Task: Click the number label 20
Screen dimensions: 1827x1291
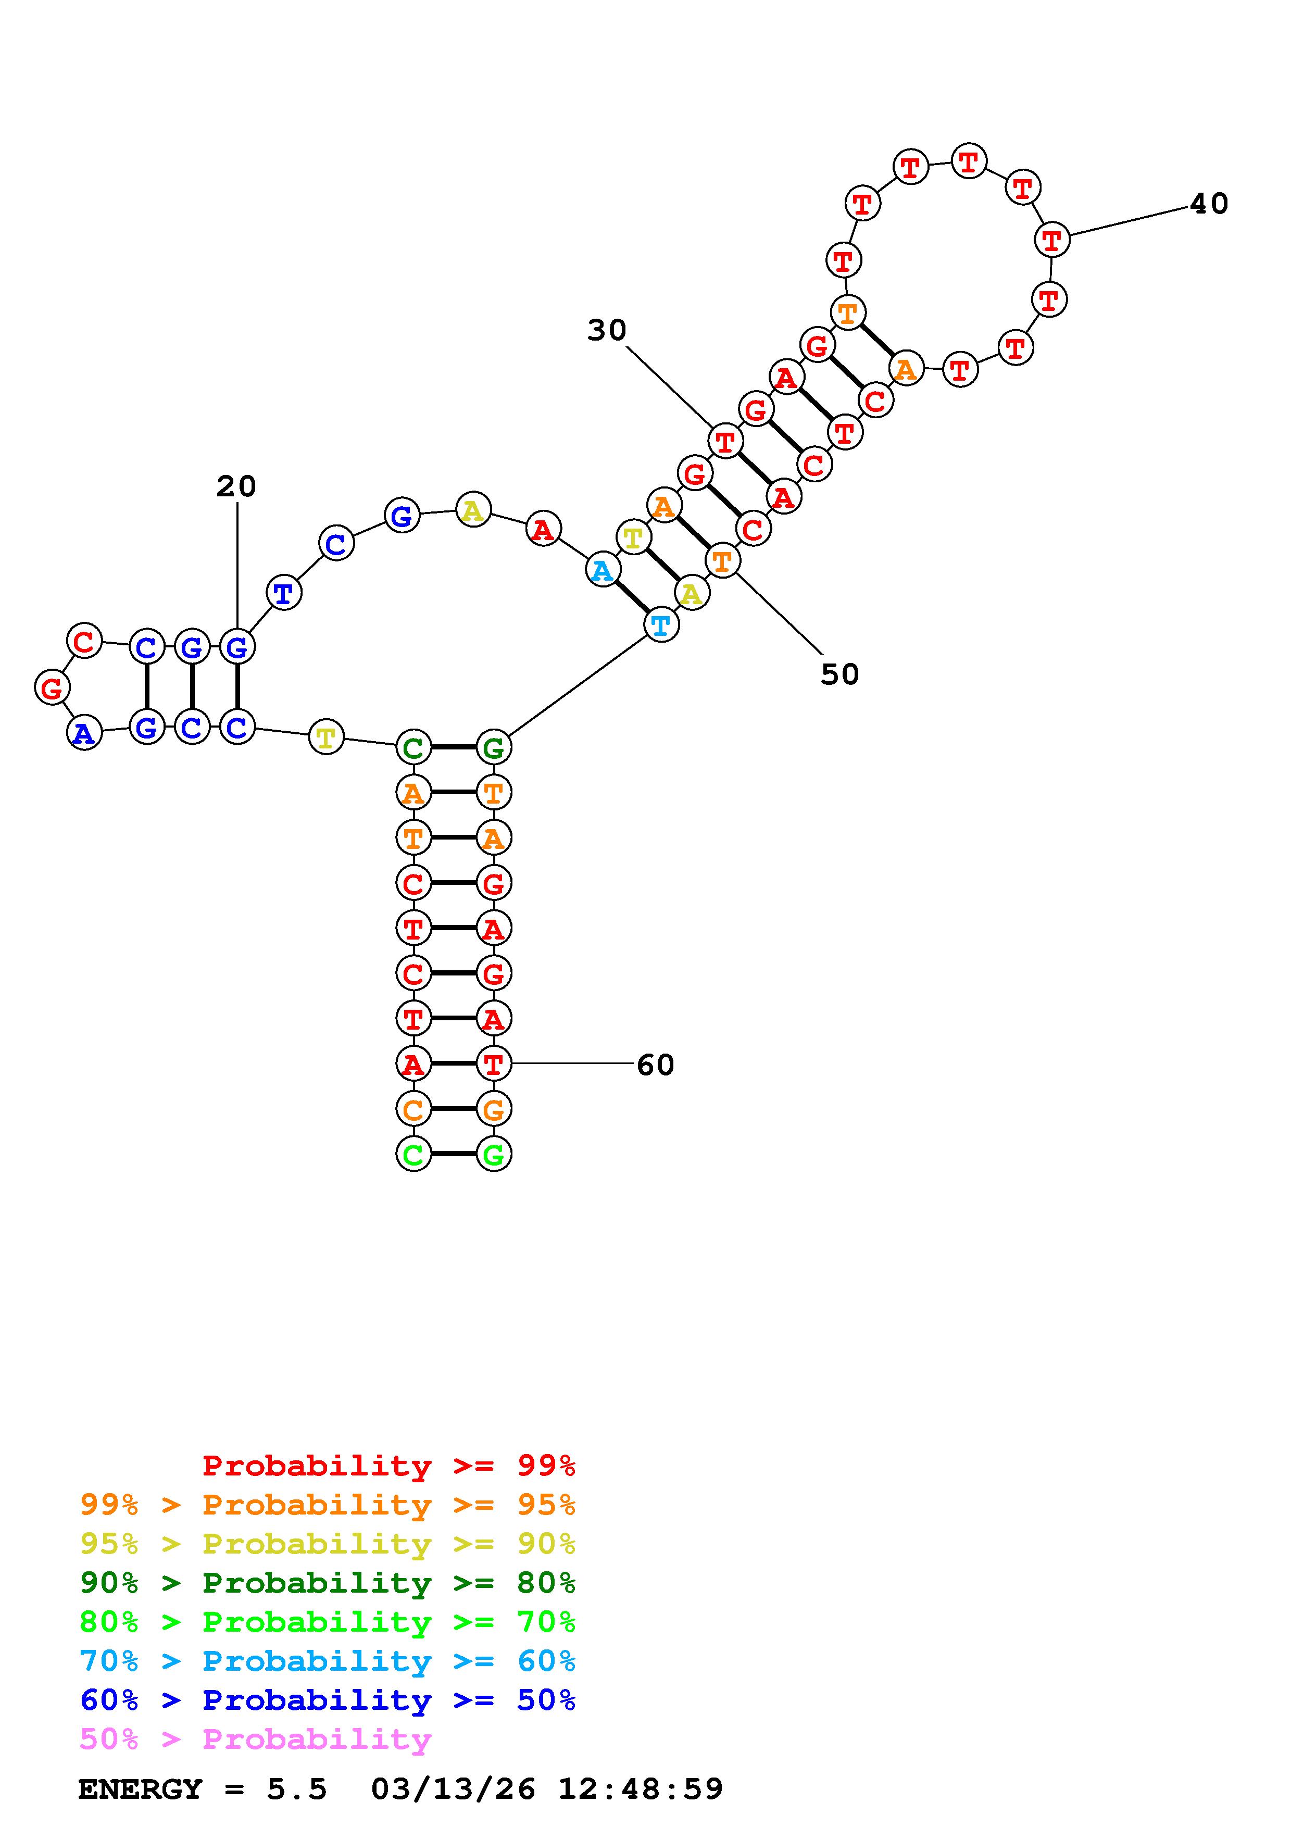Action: (x=236, y=486)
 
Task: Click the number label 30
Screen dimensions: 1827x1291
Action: (x=607, y=330)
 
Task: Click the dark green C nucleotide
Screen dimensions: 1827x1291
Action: (x=413, y=747)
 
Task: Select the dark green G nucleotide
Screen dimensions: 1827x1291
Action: (x=493, y=747)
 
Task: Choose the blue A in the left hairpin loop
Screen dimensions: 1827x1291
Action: (x=84, y=733)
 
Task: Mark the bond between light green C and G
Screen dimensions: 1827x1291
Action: (x=454, y=1154)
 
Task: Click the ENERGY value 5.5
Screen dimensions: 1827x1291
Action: (x=297, y=1789)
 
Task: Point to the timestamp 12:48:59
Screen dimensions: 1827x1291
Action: (x=641, y=1789)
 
